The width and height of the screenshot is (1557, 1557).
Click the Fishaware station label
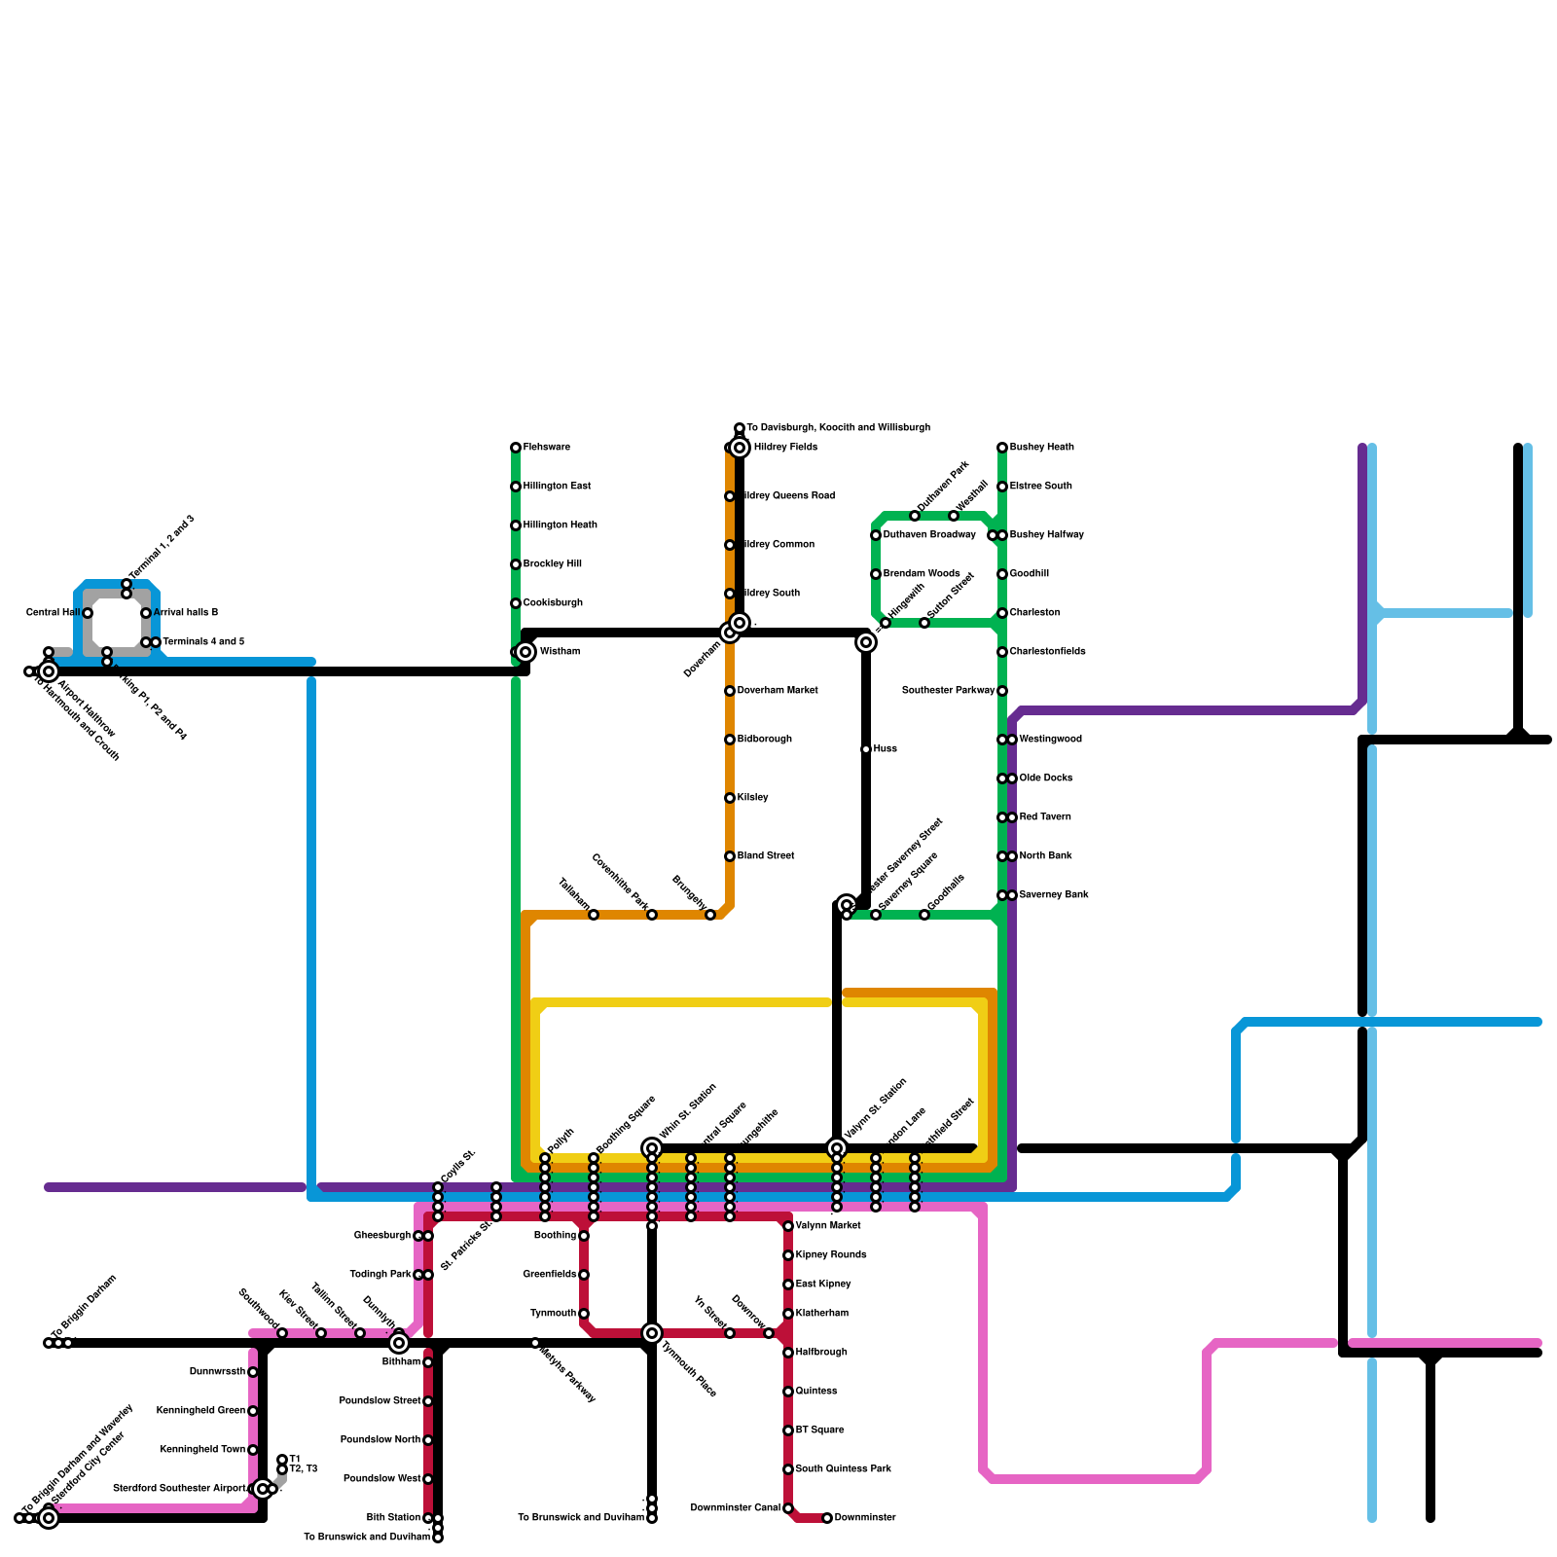(546, 448)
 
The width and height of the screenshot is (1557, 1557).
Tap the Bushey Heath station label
(1041, 448)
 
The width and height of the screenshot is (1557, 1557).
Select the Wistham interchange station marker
(525, 652)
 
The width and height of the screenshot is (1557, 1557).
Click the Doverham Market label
(777, 691)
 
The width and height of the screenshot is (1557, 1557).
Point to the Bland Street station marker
(730, 856)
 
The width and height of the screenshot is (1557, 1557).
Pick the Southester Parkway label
(948, 691)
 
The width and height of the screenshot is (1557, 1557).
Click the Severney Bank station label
(1053, 895)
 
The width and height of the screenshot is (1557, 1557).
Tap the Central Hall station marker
(88, 613)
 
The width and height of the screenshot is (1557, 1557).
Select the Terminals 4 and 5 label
(202, 642)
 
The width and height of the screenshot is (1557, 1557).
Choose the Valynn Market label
(827, 1226)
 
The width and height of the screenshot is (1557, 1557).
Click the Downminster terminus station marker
(827, 1518)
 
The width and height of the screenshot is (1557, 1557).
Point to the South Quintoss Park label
(843, 1469)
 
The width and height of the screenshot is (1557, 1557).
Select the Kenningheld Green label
(200, 1411)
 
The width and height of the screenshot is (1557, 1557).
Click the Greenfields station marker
(584, 1275)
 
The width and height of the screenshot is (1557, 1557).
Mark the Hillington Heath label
(560, 525)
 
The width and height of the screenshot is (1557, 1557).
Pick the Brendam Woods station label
(921, 574)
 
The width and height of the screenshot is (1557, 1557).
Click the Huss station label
(885, 749)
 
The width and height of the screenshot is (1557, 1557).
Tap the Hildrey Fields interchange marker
(740, 448)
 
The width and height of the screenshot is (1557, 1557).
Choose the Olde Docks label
(1045, 778)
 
